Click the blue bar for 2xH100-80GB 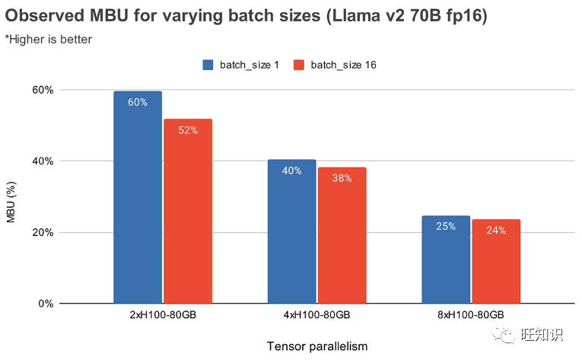[138, 198]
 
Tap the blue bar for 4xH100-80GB [291, 232]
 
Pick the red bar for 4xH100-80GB [342, 236]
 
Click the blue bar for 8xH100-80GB [446, 260]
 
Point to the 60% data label [138, 102]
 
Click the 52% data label [188, 130]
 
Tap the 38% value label [342, 178]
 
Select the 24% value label [496, 230]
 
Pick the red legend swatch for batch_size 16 [299, 65]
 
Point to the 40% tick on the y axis [43, 161]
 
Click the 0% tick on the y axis [46, 304]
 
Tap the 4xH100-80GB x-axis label [316, 315]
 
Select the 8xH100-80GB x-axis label [471, 315]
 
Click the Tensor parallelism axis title [317, 346]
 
